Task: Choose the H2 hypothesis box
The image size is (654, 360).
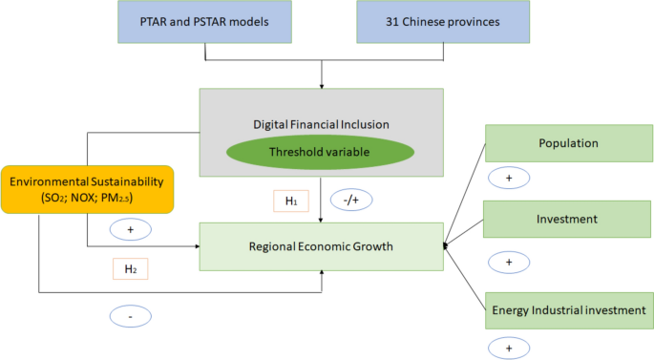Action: (x=131, y=270)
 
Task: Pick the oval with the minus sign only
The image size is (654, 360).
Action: (x=129, y=315)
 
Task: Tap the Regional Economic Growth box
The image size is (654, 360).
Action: (x=322, y=246)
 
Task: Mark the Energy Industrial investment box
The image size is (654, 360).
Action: (x=568, y=310)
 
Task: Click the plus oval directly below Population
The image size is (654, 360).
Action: (x=508, y=178)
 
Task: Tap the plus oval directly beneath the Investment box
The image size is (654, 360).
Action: (x=508, y=262)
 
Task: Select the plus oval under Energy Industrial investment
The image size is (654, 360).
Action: (x=508, y=346)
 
